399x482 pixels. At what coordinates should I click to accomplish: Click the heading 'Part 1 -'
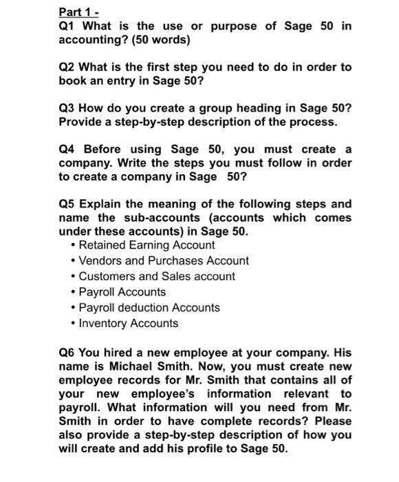coord(77,12)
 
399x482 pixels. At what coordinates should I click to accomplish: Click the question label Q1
coord(67,26)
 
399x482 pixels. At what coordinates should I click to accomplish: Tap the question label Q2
coord(67,67)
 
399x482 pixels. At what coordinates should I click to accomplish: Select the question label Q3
coord(67,108)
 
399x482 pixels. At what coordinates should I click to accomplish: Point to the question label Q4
coord(67,149)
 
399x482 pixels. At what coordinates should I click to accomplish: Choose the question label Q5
coord(67,205)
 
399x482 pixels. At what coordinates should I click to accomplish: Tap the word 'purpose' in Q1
coord(234,26)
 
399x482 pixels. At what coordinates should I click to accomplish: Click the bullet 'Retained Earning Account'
coord(147,245)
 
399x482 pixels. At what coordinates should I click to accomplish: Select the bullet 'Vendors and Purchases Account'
coord(164,261)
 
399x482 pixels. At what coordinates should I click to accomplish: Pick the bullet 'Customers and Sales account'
coord(157,276)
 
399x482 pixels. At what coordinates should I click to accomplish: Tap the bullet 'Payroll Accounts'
coord(122,292)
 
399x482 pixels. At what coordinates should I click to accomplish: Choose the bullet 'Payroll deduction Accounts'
coord(149,308)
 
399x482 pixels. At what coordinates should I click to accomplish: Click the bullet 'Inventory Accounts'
coord(129,324)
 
